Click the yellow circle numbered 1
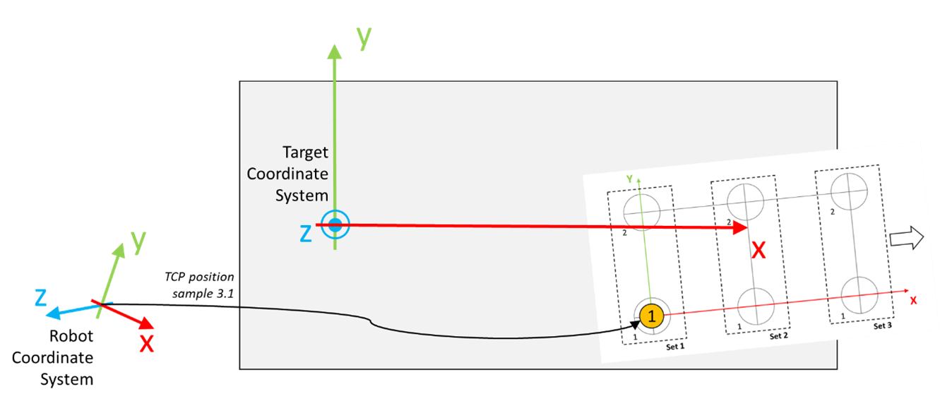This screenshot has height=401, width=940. click(651, 316)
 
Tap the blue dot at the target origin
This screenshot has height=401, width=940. click(335, 225)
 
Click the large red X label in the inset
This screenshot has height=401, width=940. click(758, 250)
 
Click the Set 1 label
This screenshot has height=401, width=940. click(676, 347)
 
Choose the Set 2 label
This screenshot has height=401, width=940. click(779, 336)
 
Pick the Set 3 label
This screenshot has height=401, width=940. click(883, 326)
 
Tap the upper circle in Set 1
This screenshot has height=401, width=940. click(641, 211)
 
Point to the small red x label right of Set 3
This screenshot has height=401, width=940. click(913, 301)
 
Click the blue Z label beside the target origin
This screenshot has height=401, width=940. click(306, 233)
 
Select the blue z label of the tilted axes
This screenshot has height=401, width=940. click(41, 298)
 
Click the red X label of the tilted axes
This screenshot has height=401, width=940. click(146, 343)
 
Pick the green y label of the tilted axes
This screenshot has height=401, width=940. click(139, 241)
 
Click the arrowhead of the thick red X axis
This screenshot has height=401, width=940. click(740, 227)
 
